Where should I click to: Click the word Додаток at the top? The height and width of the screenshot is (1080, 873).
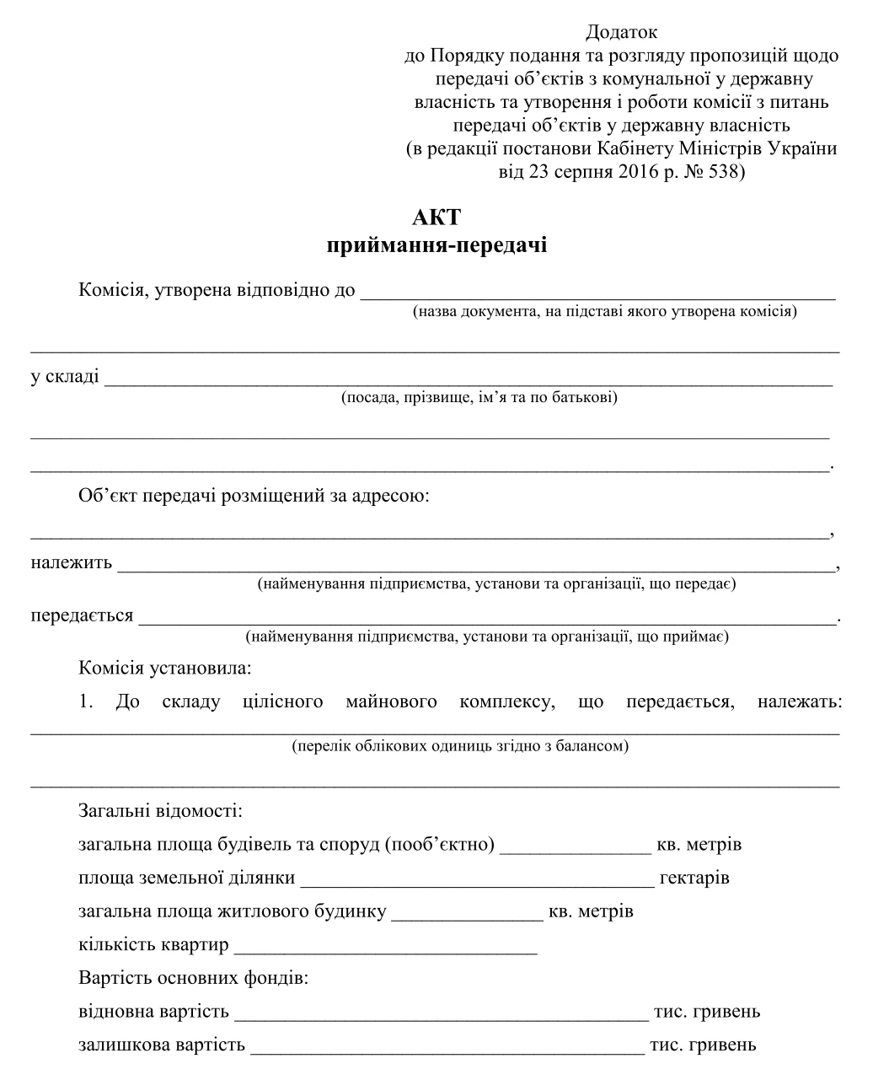coord(621,33)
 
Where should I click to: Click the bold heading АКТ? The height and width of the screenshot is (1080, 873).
coord(436,217)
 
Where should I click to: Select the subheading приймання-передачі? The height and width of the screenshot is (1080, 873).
coord(436,245)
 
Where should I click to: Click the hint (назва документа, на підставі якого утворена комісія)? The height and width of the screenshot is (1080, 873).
coord(604,311)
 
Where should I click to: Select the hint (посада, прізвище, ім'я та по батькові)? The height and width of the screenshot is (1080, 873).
coord(479,397)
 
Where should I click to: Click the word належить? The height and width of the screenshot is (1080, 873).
coord(72,563)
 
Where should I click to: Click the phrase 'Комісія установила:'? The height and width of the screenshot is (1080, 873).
coord(165,669)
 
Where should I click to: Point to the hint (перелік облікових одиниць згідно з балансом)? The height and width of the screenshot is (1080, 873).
coord(459,746)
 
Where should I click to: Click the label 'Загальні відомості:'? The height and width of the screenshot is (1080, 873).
coord(160,811)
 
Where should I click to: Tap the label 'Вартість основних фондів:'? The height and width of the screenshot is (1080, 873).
coord(193,979)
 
